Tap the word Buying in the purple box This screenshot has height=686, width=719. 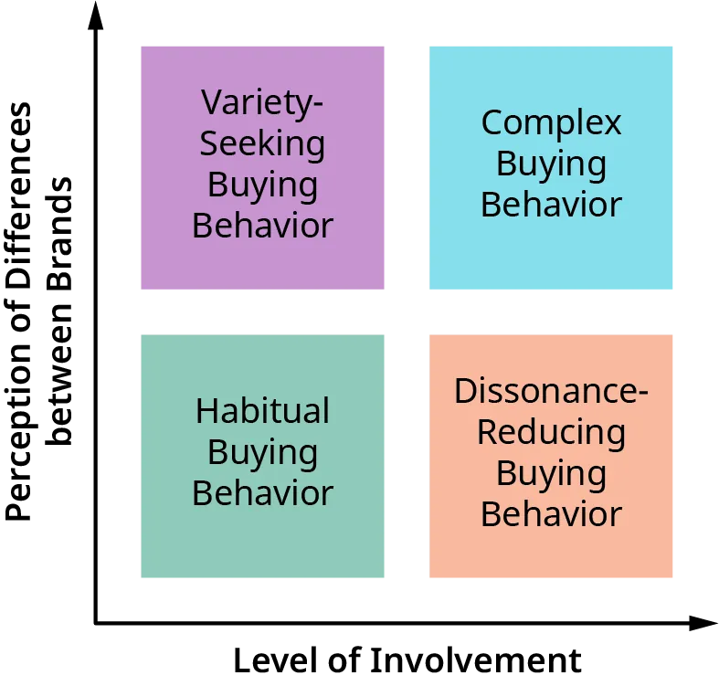[262, 184]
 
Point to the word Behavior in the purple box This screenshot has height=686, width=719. [262, 225]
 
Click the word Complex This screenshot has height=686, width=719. [551, 122]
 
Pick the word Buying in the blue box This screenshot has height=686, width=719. [551, 164]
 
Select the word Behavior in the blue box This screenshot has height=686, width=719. [551, 205]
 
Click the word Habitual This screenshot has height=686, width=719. [262, 411]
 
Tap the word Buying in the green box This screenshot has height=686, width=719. [262, 452]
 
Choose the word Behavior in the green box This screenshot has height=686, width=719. [262, 493]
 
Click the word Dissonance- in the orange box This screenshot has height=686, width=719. [551, 391]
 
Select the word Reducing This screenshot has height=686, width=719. [551, 432]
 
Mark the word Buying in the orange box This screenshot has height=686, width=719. [551, 473]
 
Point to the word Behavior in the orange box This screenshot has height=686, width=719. [551, 514]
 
